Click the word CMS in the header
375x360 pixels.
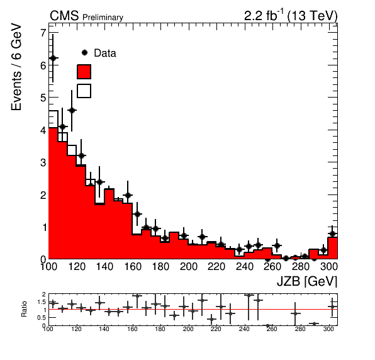pyautogui.click(x=64, y=16)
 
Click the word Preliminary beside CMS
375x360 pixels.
pyautogui.click(x=103, y=18)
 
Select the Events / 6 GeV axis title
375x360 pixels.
pyautogui.click(x=16, y=67)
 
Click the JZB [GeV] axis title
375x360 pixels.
pyautogui.click(x=307, y=281)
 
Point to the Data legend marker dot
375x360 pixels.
pyautogui.click(x=85, y=53)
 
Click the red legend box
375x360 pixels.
pyautogui.click(x=84, y=72)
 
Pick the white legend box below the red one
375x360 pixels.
pyautogui.click(x=84, y=91)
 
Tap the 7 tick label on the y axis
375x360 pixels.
pyautogui.click(x=43, y=33)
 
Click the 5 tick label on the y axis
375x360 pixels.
pyautogui.click(x=43, y=98)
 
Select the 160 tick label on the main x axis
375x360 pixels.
pyautogui.click(x=133, y=266)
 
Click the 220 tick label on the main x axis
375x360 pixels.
pyautogui.click(x=216, y=266)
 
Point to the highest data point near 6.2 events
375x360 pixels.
pyautogui.click(x=53, y=58)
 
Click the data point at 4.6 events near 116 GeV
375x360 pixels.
pyautogui.click(x=72, y=110)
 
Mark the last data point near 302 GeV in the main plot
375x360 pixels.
pyautogui.click(x=332, y=233)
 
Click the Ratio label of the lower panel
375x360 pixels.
pyautogui.click(x=24, y=309)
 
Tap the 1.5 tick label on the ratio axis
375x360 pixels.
pyautogui.click(x=42, y=302)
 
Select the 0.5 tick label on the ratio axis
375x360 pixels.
pyautogui.click(x=42, y=318)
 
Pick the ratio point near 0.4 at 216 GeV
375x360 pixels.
pyautogui.click(x=211, y=319)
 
